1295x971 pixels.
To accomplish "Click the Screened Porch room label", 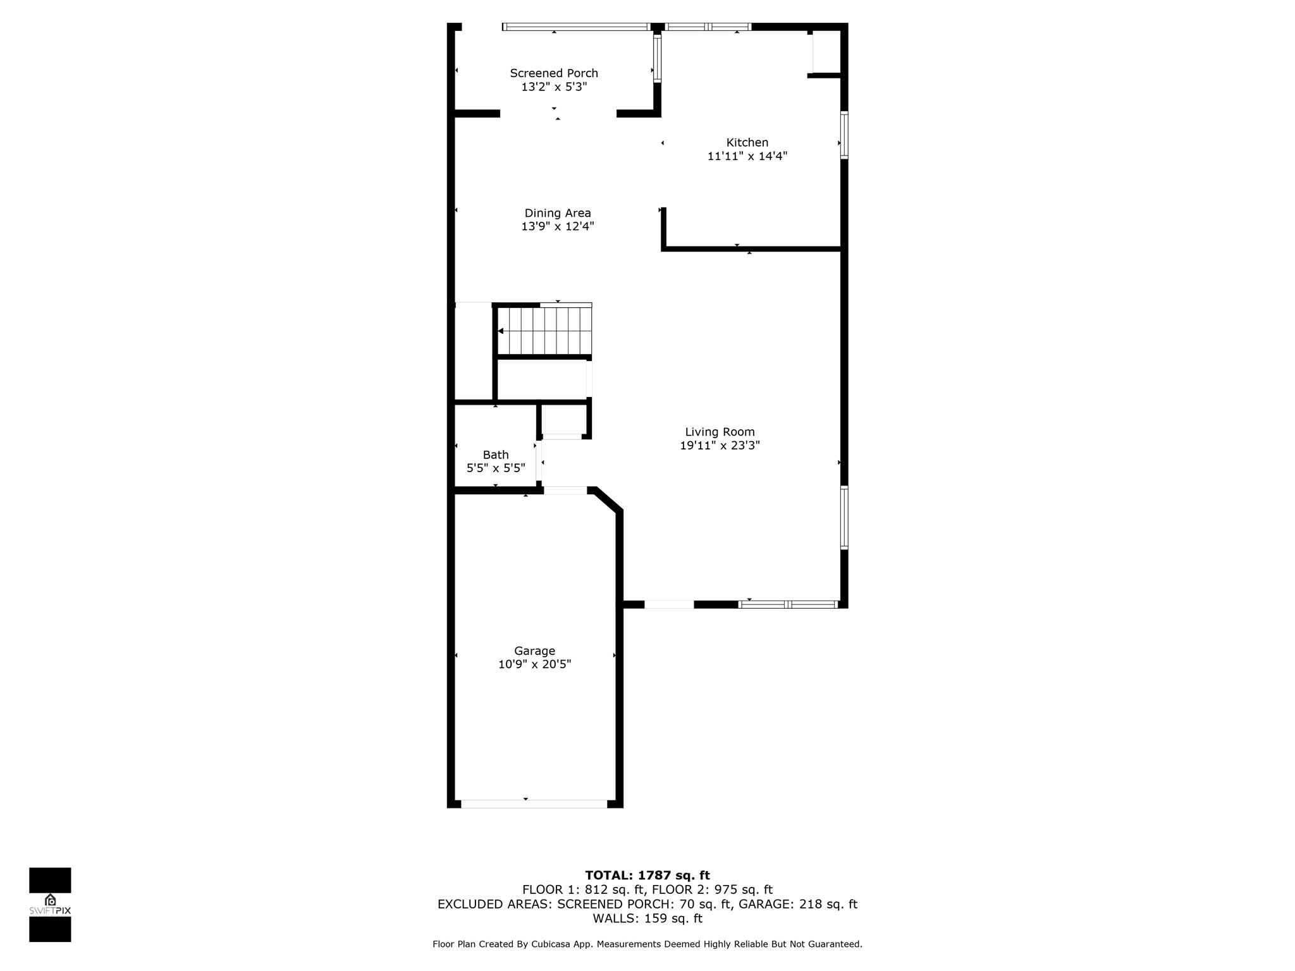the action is coord(554,73).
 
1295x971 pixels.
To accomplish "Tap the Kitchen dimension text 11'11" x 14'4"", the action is coord(747,156).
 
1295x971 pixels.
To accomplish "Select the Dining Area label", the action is coord(558,213).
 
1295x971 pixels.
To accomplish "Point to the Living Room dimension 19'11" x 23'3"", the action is coord(720,445).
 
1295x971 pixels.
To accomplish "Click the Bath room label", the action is coord(496,455).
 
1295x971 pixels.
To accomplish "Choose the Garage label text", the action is coord(534,651).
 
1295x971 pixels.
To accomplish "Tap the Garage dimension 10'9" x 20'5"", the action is coord(534,664).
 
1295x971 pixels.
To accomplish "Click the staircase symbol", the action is coord(544,331).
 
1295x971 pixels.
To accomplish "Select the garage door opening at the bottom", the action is coord(534,804).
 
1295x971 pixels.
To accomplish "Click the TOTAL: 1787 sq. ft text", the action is coord(647,876).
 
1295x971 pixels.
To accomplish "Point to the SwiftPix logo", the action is coord(50,905).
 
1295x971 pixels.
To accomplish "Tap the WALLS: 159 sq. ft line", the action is coord(647,919).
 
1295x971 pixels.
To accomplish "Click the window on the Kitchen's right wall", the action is coord(844,135).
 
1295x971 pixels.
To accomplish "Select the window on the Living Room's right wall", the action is coord(844,517).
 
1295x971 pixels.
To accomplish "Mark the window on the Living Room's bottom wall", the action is coord(789,604).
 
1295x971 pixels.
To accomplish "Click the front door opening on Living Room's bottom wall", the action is coord(669,604).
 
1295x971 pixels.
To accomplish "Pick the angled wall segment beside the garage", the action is coord(607,499).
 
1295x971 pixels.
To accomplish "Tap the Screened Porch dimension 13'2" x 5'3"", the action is coord(554,87).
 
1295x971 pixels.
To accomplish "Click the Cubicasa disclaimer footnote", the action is coord(647,944).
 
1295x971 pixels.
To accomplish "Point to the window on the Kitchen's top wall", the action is coord(708,27).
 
